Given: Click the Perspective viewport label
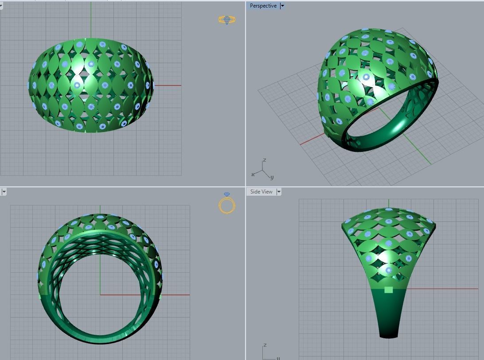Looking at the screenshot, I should point(263,6).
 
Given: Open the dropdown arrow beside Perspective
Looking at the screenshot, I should point(282,6).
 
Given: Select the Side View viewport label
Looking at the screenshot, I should point(261,192).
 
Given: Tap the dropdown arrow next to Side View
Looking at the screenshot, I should point(279,192).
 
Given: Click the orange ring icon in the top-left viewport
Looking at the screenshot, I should point(226,20).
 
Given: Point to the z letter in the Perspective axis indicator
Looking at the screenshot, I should point(265,160).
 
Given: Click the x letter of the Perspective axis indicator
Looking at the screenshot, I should point(253,174).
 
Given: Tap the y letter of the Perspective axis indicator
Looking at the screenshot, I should point(272,177).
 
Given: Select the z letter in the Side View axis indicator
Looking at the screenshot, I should point(265,345).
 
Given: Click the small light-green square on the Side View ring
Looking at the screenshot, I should point(389,290).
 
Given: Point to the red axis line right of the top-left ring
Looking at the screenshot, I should point(168,85).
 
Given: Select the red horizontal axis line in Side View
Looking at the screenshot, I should point(443,289).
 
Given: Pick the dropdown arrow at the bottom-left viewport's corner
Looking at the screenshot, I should point(4,192).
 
